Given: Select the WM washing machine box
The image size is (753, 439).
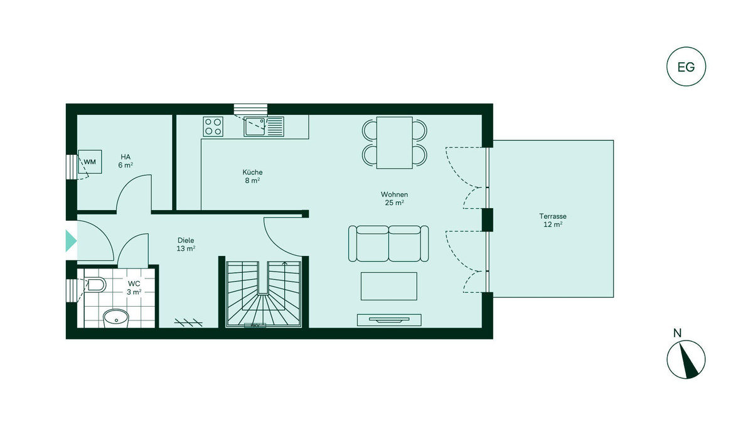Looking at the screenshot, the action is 90,162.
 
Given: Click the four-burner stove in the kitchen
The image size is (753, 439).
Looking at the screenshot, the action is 213,127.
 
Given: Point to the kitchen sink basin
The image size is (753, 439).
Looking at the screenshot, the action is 255,126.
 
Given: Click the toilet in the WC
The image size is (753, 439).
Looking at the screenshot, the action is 95,285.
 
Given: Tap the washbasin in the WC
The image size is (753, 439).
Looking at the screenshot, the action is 116,318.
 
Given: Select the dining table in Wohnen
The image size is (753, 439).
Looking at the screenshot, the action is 394,143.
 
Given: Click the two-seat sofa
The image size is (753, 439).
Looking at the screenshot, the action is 388,243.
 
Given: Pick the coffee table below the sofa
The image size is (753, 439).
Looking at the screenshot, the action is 389,286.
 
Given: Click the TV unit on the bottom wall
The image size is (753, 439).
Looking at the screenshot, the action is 389,320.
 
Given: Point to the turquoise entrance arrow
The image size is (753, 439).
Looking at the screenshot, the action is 71,241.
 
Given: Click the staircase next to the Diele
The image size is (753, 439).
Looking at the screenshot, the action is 264,294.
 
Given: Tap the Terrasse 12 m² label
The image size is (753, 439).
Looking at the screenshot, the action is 553,220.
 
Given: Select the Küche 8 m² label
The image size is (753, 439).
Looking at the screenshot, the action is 252,176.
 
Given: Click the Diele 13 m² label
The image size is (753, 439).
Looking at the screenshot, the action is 186,245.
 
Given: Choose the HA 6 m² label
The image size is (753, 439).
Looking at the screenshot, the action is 125,161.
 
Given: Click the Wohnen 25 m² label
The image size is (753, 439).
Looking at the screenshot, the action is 394,199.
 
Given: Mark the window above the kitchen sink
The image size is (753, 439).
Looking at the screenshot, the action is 251,109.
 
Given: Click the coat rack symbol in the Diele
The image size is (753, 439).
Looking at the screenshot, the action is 188,322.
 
